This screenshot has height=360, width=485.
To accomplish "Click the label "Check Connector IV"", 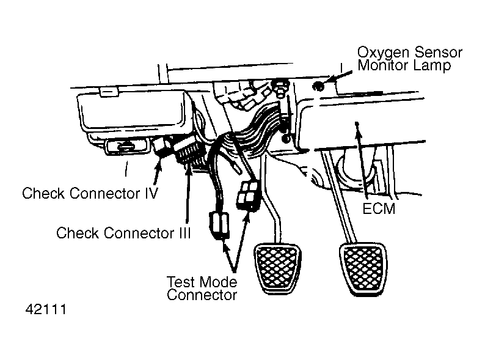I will [90, 194].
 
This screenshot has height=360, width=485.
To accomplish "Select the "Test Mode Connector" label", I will [202, 288].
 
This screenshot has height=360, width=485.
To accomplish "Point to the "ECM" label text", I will [379, 209].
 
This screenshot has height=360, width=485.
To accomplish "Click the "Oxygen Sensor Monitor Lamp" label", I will [410, 59].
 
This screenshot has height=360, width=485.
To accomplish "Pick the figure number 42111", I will [46, 309].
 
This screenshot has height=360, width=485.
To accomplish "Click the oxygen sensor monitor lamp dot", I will [318, 86].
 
